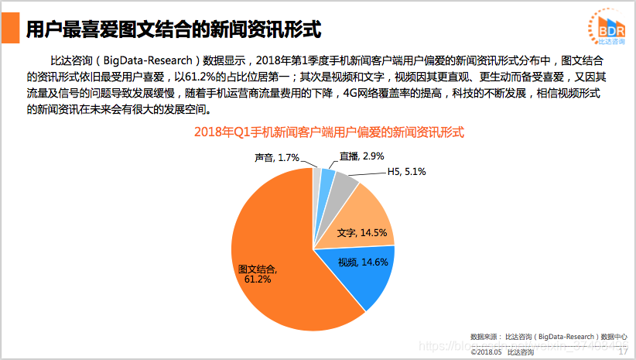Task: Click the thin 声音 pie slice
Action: (x=317, y=176)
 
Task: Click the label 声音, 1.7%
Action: (x=276, y=158)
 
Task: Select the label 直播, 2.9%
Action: (x=361, y=156)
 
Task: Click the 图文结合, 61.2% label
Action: (x=258, y=273)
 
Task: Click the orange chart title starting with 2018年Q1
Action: (x=329, y=132)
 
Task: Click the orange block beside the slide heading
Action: (x=10, y=29)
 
